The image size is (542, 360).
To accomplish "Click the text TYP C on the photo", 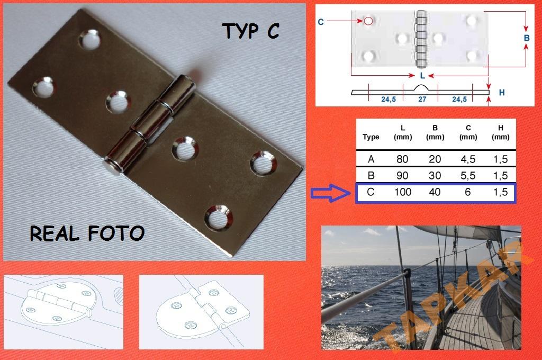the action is coord(250,31).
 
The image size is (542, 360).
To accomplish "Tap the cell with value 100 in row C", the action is coord(403,192).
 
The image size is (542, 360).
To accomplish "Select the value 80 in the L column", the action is coord(402,159).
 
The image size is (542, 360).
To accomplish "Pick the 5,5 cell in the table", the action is coord(468,176).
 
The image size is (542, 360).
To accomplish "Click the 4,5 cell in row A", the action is coord(468,159).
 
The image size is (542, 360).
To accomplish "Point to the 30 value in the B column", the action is coord(435,176).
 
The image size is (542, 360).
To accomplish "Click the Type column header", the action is coord(371,137).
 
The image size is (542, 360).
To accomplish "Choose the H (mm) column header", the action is coord(501,132).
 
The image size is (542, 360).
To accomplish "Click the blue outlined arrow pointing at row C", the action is coord(330,193).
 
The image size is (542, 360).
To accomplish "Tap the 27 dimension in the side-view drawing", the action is coord(422,100).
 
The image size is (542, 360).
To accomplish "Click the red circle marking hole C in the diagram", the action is coord(368,21).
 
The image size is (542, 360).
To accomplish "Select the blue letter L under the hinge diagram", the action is coord(422,75).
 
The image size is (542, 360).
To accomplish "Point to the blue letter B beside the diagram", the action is coord(527,38).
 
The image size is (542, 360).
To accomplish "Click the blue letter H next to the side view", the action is coord(502,92).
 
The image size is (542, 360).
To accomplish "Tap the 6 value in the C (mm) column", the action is coord(468,192).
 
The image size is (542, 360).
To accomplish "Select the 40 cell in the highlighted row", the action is coord(435,192).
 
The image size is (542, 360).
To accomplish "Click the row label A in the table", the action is coord(371,159).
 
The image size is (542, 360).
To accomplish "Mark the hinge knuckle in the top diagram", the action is coord(421,39).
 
